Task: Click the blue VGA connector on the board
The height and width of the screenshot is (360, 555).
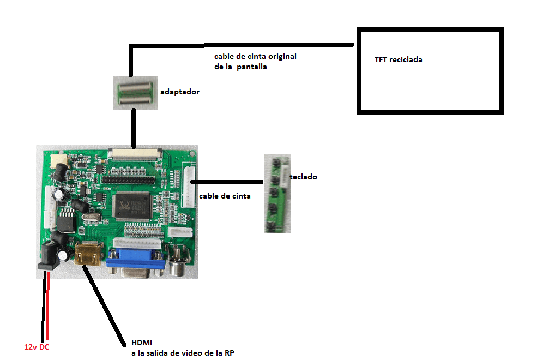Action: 135,265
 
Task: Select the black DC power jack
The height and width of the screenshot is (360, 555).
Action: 50,256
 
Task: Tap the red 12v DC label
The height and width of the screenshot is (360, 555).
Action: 37,346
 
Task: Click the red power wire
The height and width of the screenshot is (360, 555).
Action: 48,305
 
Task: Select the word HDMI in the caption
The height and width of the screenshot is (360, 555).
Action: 142,343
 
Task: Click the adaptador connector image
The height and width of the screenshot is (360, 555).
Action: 135,92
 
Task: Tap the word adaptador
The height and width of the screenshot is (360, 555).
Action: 179,92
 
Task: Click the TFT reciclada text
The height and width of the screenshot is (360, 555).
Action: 398,59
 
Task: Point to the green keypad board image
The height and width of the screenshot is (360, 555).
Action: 277,194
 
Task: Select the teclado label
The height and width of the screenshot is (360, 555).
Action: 304,177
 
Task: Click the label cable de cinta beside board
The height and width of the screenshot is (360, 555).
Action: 225,196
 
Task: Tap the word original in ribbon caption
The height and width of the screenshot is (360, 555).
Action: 282,57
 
